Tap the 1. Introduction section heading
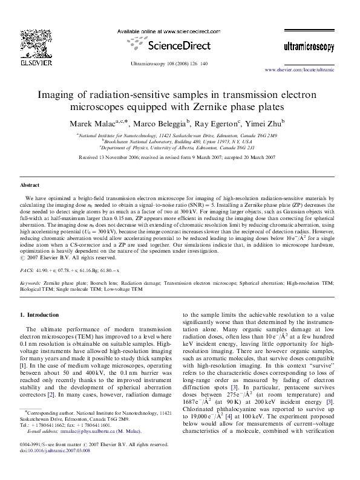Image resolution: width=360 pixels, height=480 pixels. click(x=39, y=315)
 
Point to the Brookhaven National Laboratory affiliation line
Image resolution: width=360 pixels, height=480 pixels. click(x=180, y=142)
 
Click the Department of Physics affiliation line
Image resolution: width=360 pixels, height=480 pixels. click(x=180, y=148)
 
